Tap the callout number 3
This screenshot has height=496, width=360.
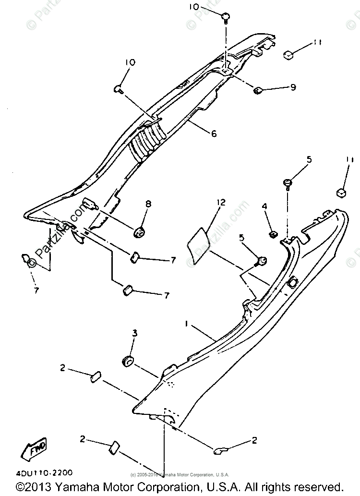135,332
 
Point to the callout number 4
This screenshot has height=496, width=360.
264,206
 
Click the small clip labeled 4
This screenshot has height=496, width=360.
272,234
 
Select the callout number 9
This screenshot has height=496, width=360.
292,87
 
